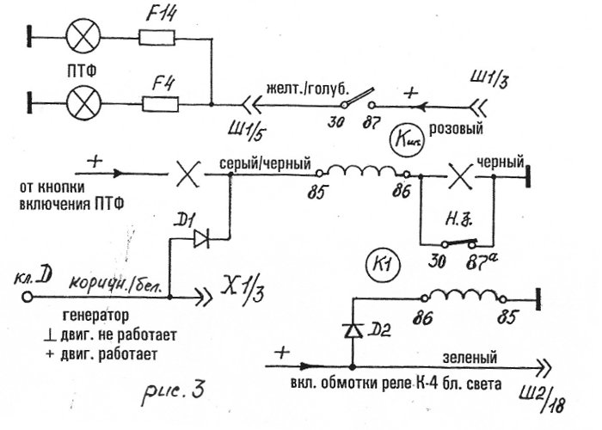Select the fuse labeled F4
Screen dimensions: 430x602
click(159, 104)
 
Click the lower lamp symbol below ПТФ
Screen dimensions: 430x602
click(83, 104)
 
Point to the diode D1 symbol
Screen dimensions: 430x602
click(203, 237)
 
